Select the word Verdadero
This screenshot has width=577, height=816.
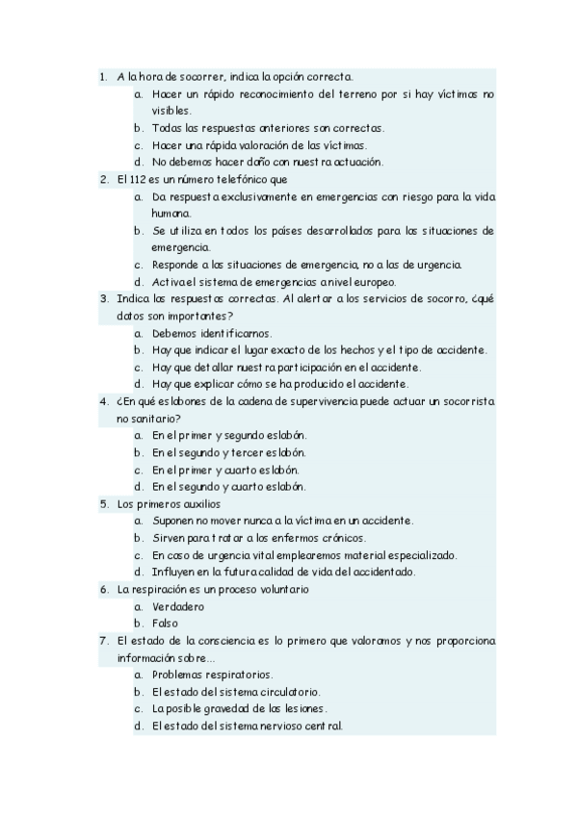tap(178, 606)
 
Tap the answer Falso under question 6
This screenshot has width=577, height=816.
tap(166, 624)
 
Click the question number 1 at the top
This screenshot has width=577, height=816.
tap(102, 76)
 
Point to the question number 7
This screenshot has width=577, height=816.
tap(102, 640)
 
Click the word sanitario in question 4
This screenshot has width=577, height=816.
tap(154, 419)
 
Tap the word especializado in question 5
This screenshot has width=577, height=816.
tap(415, 555)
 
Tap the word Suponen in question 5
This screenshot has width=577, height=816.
tap(173, 521)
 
